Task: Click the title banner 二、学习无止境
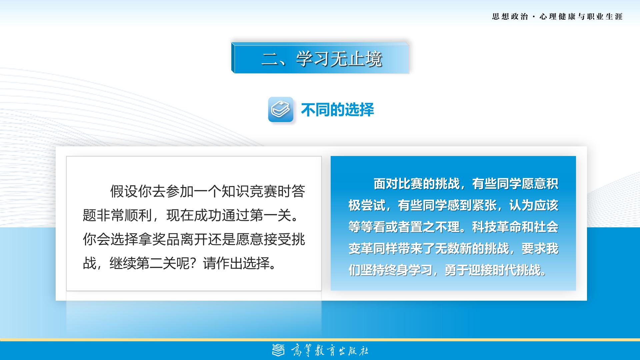[x=320, y=58]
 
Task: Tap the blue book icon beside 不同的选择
[x=281, y=109]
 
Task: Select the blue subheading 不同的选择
[x=337, y=110]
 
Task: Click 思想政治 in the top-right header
[x=510, y=17]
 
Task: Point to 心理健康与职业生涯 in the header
[x=581, y=17]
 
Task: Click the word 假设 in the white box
[x=124, y=191]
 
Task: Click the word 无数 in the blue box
[x=448, y=249]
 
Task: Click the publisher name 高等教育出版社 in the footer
[x=330, y=351]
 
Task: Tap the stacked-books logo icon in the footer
[x=279, y=350]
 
